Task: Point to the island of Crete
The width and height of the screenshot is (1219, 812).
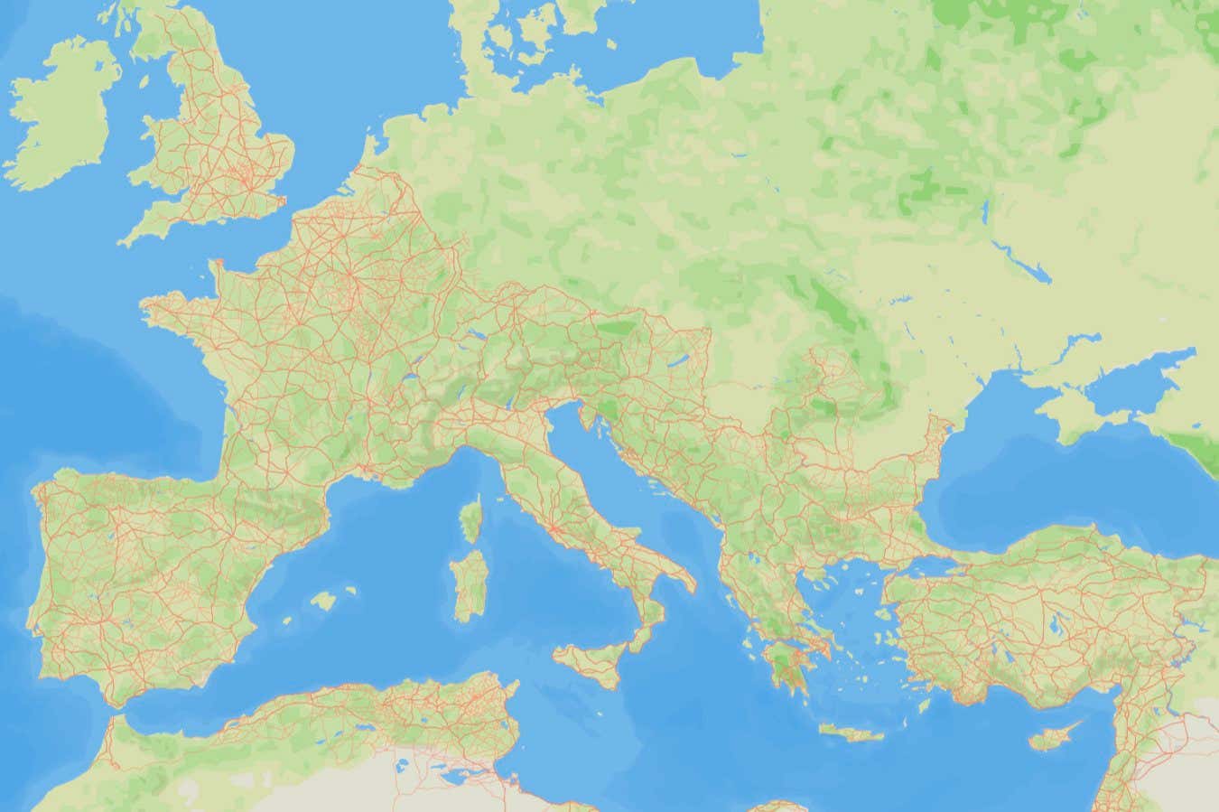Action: (852, 733)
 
